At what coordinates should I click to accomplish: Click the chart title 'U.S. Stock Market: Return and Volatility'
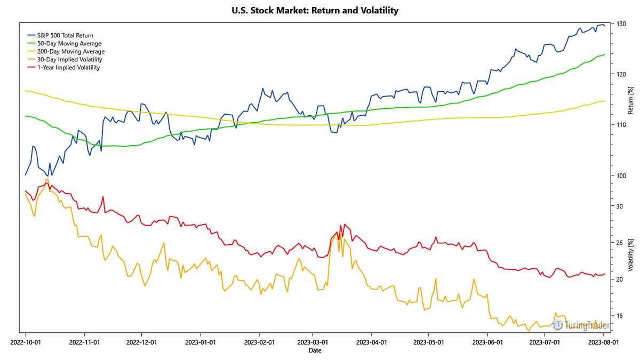coord(315,10)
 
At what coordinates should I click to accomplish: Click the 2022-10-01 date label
coord(25,342)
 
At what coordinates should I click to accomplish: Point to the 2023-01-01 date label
coord(201,342)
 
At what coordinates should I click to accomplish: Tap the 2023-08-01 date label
coord(603,342)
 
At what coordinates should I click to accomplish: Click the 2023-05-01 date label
coord(429,342)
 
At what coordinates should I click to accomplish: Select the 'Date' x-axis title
coord(315,350)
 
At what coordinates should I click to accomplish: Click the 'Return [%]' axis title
coord(630,101)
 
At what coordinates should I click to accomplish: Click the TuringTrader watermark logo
coord(581,325)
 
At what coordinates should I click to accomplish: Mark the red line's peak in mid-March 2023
coord(345,225)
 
